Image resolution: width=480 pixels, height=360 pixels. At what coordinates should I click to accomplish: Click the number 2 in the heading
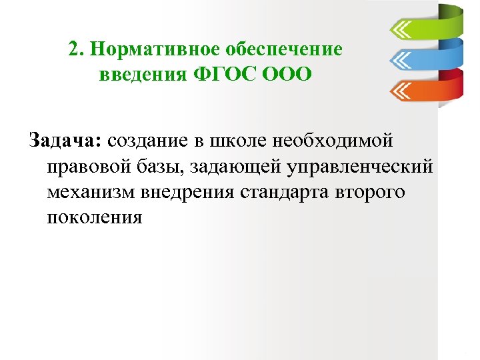point(73,50)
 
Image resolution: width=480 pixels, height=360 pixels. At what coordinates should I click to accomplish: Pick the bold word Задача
point(65,141)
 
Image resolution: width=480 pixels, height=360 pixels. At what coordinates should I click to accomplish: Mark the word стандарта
point(299,192)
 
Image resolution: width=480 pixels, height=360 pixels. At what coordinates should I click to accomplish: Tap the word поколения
point(95,217)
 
